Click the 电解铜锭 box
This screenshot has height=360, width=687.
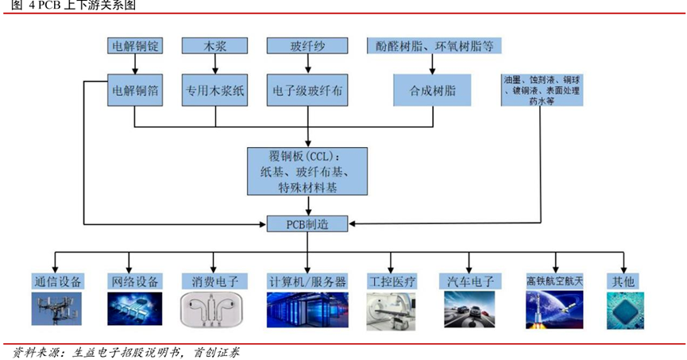135,45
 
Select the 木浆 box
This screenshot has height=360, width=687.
214,45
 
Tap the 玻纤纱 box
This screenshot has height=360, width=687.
307,45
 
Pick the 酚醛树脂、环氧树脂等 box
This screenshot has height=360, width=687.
434,45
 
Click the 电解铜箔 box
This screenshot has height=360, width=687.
135,90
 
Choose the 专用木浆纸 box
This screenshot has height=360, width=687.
214,90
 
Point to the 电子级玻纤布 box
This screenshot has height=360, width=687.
307,90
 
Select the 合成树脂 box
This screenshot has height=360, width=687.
432,90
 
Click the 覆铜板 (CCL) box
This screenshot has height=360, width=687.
307,172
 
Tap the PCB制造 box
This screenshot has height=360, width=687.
307,224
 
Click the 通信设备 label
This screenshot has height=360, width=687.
58,281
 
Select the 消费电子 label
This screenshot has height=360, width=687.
214,281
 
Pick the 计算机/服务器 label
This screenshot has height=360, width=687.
307,281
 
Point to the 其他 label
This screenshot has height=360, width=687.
623,281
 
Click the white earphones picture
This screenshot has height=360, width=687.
211,310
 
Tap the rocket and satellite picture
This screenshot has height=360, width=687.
554,310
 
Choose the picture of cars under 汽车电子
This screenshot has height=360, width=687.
469,310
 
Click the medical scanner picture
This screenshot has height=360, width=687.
392,312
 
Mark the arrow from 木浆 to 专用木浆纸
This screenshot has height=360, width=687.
215,64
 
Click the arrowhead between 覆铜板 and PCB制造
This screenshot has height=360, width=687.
308,212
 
